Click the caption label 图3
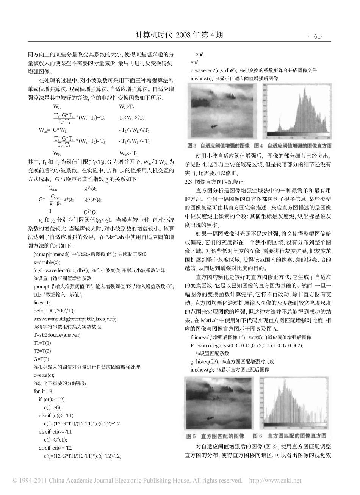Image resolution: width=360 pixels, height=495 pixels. [x=192, y=145]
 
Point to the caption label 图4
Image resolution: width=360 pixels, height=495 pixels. [x=258, y=145]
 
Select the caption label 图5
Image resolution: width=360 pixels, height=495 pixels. [x=191, y=436]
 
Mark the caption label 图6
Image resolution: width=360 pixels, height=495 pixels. [x=258, y=436]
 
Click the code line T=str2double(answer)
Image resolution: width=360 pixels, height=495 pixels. [x=57, y=335]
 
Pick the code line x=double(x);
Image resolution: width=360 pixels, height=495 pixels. [x=47, y=262]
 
